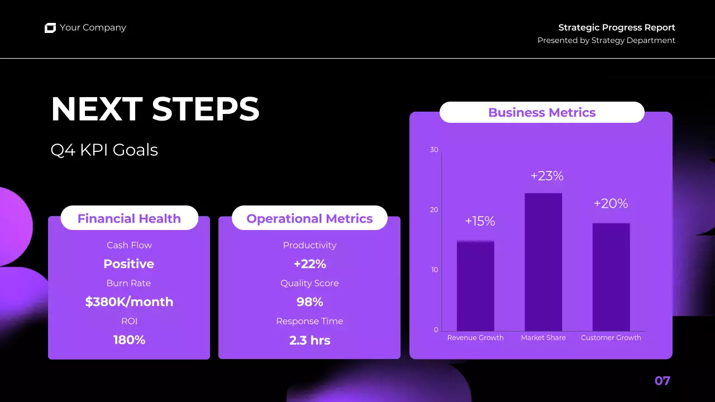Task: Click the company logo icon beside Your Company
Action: click(x=50, y=28)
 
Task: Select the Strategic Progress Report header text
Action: click(x=617, y=27)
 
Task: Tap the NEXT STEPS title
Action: click(x=155, y=109)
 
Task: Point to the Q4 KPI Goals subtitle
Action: click(x=104, y=150)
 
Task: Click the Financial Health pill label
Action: click(x=129, y=218)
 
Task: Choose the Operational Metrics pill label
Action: click(x=309, y=218)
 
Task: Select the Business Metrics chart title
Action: click(x=542, y=112)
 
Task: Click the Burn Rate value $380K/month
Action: click(x=129, y=302)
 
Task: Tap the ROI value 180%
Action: click(x=129, y=339)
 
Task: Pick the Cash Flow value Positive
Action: click(x=129, y=264)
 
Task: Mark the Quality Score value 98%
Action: click(x=309, y=302)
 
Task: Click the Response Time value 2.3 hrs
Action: click(x=309, y=339)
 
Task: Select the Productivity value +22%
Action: click(x=309, y=264)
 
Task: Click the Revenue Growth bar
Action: click(x=475, y=286)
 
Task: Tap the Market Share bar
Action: click(x=543, y=262)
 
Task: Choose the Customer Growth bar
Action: click(x=611, y=277)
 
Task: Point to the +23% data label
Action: click(x=547, y=176)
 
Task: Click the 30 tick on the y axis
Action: click(x=434, y=150)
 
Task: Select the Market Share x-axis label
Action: click(x=543, y=338)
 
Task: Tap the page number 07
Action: click(x=662, y=381)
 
